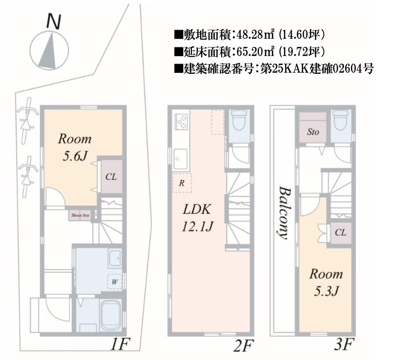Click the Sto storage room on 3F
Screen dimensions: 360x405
point(313,131)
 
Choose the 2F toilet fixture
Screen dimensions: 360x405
point(238,122)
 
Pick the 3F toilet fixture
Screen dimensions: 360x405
point(340,122)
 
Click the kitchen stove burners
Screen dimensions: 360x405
point(181,122)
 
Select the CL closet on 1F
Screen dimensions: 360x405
point(111,176)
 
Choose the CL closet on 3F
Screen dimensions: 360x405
point(340,232)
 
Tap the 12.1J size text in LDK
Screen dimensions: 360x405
point(197,227)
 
